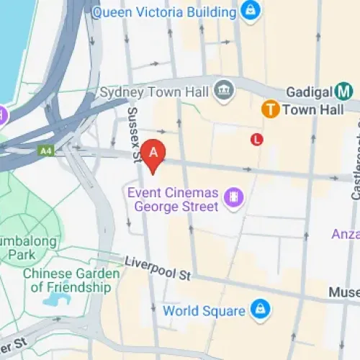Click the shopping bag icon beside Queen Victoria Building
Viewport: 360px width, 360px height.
250,10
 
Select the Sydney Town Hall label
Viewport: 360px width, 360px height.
154,92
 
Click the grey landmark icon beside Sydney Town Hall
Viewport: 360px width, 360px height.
224,90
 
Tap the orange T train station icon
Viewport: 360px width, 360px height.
270,109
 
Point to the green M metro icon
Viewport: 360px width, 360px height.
344,91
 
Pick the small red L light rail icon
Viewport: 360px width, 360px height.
256,139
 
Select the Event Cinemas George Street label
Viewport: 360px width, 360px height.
173,199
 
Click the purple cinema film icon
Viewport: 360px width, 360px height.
233,197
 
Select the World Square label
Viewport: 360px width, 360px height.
203,311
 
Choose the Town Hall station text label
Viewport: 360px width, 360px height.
305,110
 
